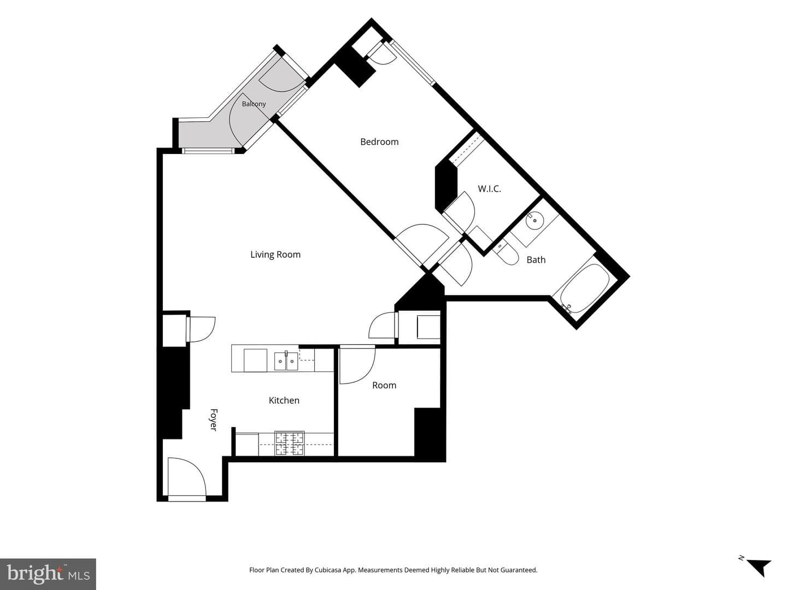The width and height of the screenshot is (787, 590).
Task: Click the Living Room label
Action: [x=275, y=255]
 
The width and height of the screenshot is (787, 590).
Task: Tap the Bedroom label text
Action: [x=379, y=142]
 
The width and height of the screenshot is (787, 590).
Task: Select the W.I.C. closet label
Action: [x=489, y=189]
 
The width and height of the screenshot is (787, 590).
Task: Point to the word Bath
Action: [x=536, y=259]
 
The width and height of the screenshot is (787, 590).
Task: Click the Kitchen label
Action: [x=284, y=400]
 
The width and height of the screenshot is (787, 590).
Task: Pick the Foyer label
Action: [x=213, y=420]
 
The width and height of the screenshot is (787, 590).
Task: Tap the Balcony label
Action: [x=254, y=104]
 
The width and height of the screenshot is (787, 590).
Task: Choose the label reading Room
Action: [x=384, y=386]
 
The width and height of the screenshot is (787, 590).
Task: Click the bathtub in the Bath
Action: [x=582, y=289]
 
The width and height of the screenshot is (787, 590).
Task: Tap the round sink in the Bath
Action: [x=535, y=220]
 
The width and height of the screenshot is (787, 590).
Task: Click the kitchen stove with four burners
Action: [x=289, y=443]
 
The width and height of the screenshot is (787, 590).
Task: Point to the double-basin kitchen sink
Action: [x=286, y=362]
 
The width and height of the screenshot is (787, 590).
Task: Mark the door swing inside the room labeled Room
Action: [x=357, y=365]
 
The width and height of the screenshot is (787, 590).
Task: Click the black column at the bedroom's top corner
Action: [x=355, y=68]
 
